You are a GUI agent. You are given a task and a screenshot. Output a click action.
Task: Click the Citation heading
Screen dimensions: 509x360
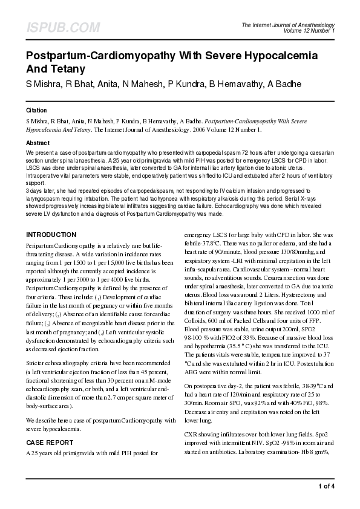36,111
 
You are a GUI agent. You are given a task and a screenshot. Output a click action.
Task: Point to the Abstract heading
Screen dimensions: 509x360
38,143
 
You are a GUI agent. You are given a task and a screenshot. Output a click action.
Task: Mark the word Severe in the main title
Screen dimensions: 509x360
219,56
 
